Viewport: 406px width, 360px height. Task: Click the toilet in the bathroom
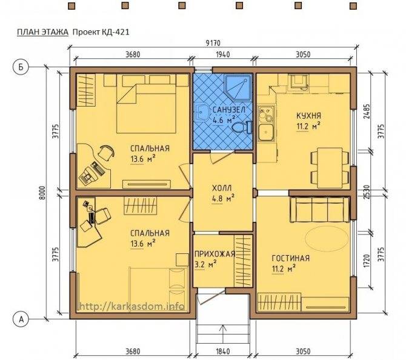242,127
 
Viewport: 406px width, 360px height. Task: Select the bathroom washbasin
202,112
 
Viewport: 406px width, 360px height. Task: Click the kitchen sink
266,132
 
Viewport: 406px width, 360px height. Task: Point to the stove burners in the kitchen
266,114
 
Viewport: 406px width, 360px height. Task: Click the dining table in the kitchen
330,167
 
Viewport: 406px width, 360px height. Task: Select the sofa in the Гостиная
319,209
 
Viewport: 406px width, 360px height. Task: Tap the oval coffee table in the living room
327,239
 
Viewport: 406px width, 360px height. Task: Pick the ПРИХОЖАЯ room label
215,254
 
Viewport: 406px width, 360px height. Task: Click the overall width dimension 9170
214,42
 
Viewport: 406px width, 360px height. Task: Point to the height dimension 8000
43,193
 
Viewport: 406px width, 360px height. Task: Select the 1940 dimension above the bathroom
222,55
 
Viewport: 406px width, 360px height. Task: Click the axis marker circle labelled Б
21,67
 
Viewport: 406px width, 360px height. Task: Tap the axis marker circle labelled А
21,319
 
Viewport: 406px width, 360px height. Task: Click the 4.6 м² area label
224,121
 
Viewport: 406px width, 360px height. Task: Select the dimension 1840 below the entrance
222,352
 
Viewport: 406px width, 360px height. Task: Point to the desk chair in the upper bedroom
107,153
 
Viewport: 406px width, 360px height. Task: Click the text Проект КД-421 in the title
101,32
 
